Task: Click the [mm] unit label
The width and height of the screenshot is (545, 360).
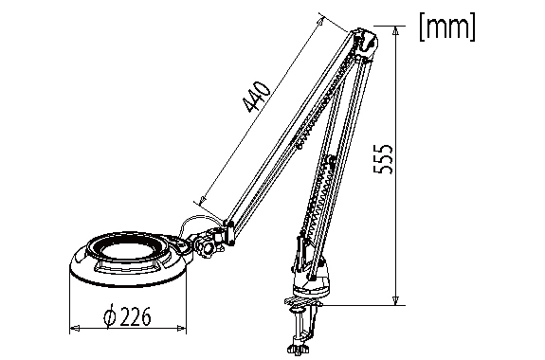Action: (x=447, y=27)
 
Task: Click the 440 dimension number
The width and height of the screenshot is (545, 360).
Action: (x=257, y=98)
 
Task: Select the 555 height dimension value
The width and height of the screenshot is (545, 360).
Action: (x=383, y=158)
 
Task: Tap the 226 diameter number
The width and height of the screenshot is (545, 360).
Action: (x=136, y=316)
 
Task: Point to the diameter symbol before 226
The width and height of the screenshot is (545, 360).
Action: (x=110, y=315)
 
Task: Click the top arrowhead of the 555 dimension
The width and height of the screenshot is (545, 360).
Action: (x=395, y=31)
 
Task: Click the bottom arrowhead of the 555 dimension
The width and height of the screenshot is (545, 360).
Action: (x=395, y=300)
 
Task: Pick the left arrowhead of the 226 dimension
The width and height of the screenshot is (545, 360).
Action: (x=75, y=328)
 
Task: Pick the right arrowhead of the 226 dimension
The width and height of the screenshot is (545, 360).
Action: (x=181, y=328)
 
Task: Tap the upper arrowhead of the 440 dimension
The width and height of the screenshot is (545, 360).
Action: (x=320, y=22)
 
